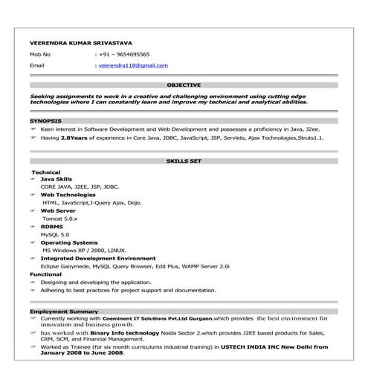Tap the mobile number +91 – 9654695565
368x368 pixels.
coord(124,54)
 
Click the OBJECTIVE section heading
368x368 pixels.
coord(184,85)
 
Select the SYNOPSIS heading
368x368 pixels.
coord(45,120)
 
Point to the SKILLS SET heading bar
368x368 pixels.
coord(184,161)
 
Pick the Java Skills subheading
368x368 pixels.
coord(57,179)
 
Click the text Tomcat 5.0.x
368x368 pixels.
coord(60,219)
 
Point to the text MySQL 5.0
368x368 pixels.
coord(56,235)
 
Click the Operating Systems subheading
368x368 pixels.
coord(68,242)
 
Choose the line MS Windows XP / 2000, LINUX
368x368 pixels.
coord(84,251)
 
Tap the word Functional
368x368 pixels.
coord(45,274)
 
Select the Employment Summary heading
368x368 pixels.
coord(64,311)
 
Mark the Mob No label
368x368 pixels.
coord(40,54)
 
